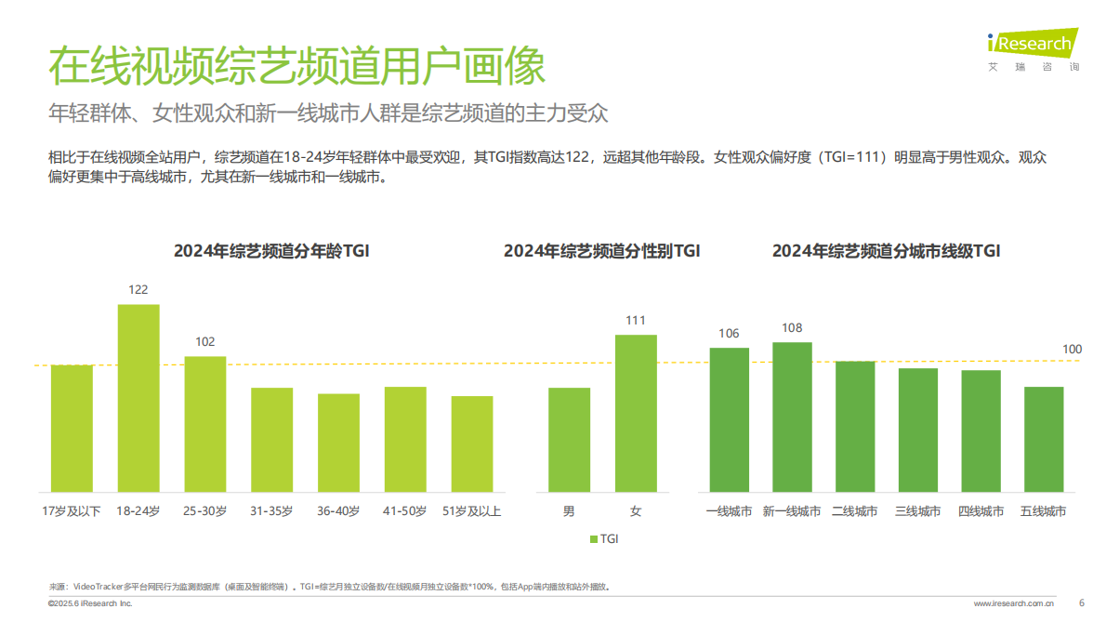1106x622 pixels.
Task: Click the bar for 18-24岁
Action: pos(138,398)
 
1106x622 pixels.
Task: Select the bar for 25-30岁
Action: pos(205,424)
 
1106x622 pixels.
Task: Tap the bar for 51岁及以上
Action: pos(472,443)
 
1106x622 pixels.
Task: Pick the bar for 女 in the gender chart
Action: pos(636,413)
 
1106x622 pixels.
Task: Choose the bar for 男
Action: pos(569,440)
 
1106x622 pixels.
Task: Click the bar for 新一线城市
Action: pos(792,417)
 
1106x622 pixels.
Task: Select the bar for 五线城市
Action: pos(1044,439)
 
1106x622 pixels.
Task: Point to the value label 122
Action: pos(138,290)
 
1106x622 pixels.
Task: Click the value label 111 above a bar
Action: pos(636,321)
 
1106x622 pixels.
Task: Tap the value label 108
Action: pos(792,328)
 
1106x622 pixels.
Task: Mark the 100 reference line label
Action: pos(1073,350)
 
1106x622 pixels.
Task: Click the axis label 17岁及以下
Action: pos(72,511)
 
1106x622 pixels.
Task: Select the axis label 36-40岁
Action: pos(338,511)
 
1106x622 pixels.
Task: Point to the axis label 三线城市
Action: pos(917,511)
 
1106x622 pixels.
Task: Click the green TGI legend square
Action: pos(594,538)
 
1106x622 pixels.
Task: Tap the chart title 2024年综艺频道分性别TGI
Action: pos(601,251)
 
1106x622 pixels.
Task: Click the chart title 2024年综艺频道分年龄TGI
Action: pos(271,251)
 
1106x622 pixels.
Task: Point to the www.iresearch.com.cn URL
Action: pos(1013,604)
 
